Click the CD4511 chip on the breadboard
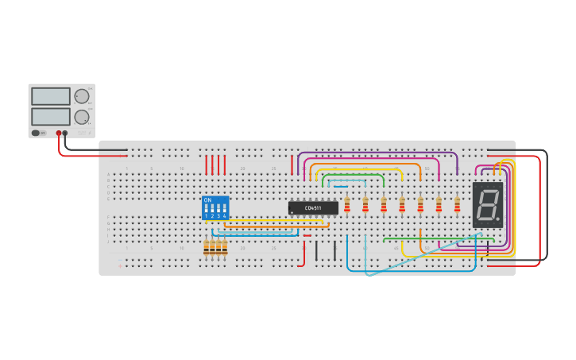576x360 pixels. coord(313,208)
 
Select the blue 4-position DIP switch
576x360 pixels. coord(215,208)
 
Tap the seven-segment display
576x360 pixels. coord(488,205)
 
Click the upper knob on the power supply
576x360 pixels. coord(81,97)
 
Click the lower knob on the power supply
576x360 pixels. coord(81,118)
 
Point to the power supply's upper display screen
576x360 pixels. coord(51,96)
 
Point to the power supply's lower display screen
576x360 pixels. coord(51,116)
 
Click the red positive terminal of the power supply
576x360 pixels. coord(59,134)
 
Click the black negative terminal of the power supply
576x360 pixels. coord(65,134)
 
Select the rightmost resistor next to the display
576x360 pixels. coord(457,205)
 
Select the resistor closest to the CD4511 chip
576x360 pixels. coord(347,205)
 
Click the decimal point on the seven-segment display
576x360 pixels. coord(500,219)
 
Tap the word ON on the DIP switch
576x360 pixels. coord(207,200)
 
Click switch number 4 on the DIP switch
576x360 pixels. coord(225,211)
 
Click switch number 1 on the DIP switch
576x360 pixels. coord(206,211)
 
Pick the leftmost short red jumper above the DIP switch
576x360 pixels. coord(207,165)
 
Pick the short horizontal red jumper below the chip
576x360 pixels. coord(307,235)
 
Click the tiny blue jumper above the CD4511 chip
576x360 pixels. coord(341,187)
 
